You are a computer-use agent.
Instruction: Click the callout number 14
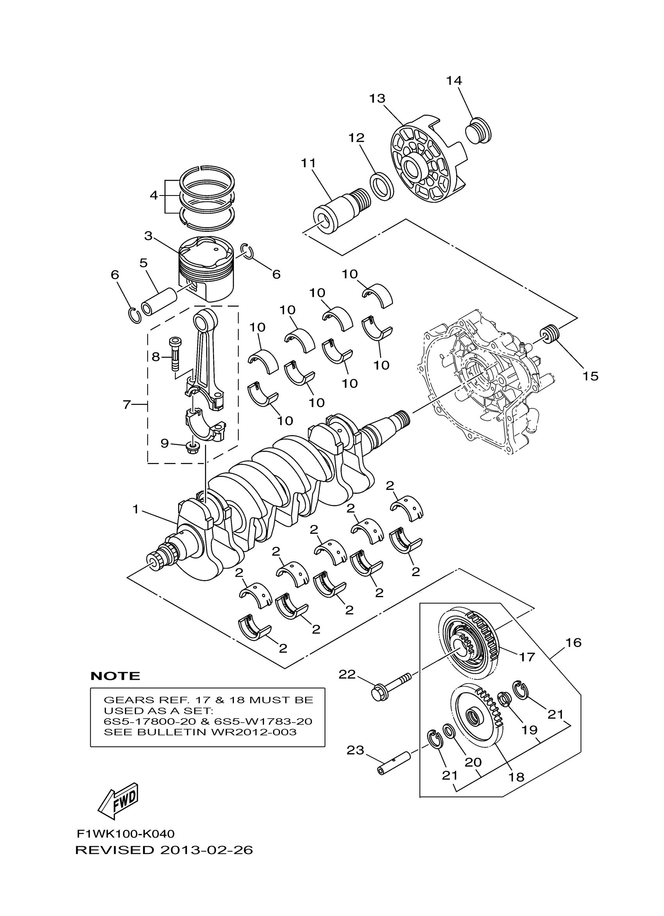click(453, 81)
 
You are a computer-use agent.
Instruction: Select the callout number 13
click(377, 98)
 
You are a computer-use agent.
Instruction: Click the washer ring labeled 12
click(382, 186)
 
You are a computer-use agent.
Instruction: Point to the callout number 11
click(308, 164)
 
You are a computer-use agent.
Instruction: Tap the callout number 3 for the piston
click(148, 235)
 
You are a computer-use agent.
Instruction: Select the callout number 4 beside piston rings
click(154, 196)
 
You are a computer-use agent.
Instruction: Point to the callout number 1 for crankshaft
click(136, 510)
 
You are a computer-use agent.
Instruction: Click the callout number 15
click(590, 376)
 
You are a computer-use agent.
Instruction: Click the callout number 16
click(573, 642)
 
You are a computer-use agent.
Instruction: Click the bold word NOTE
click(115, 676)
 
